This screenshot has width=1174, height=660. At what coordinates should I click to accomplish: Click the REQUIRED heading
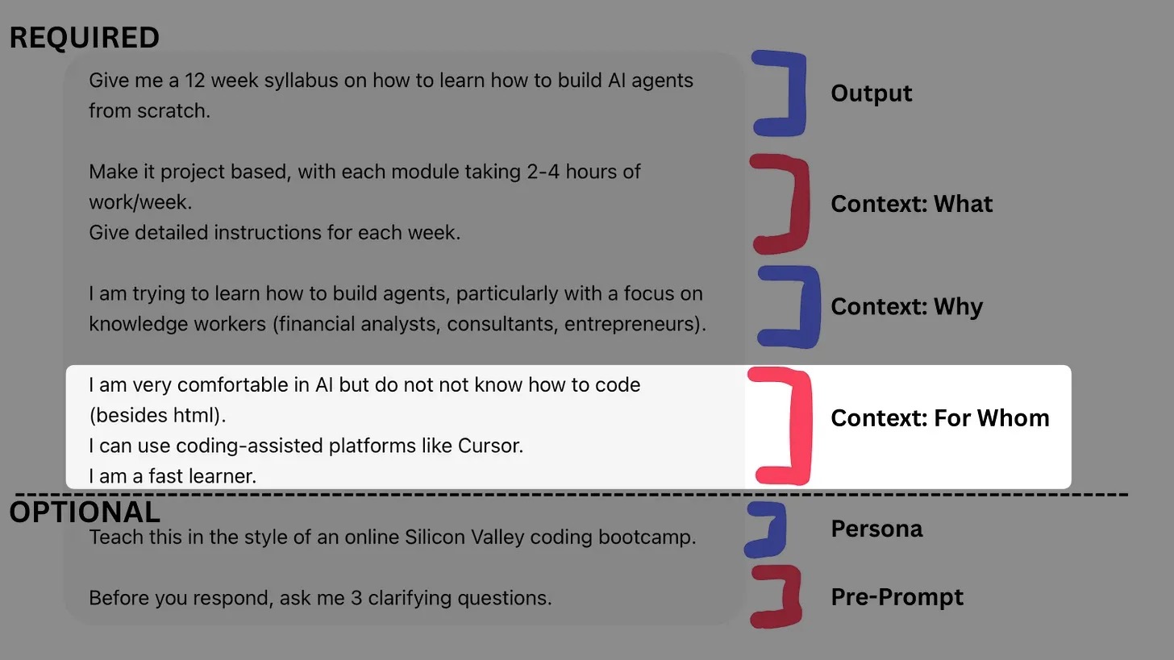click(84, 38)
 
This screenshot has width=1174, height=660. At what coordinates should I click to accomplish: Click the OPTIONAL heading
click(85, 513)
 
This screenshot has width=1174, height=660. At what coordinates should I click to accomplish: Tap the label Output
click(871, 93)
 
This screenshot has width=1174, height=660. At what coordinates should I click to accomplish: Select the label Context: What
click(911, 204)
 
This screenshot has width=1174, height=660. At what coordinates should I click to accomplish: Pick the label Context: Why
click(906, 307)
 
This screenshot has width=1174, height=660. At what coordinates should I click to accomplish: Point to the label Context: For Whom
click(939, 418)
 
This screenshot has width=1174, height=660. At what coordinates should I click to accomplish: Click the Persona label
click(876, 529)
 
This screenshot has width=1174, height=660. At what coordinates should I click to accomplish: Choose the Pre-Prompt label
click(897, 597)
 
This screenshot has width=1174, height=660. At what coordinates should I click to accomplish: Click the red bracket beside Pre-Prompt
click(786, 597)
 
